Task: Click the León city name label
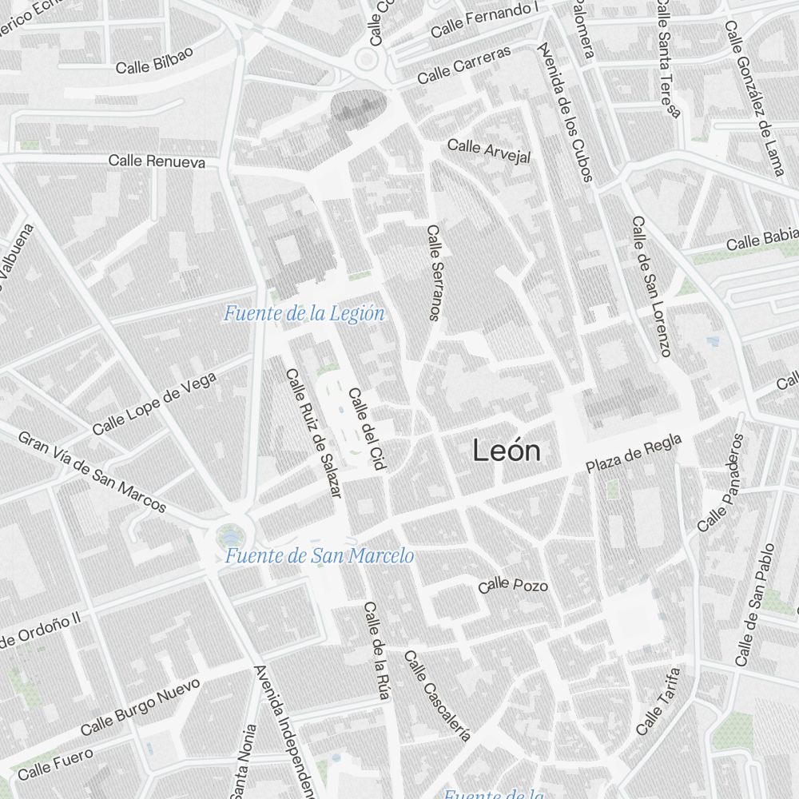[506, 451]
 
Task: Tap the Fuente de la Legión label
[304, 313]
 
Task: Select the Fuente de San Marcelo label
[319, 555]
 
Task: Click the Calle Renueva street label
[157, 161]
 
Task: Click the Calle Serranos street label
[434, 272]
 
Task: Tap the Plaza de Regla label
[634, 454]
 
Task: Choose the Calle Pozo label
[513, 586]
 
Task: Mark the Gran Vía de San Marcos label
[92, 472]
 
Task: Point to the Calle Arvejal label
[488, 150]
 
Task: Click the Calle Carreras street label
[463, 65]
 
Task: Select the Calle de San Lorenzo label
[651, 286]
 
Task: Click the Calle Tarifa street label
[659, 702]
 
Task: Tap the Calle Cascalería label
[437, 695]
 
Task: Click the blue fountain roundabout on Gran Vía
[231, 533]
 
